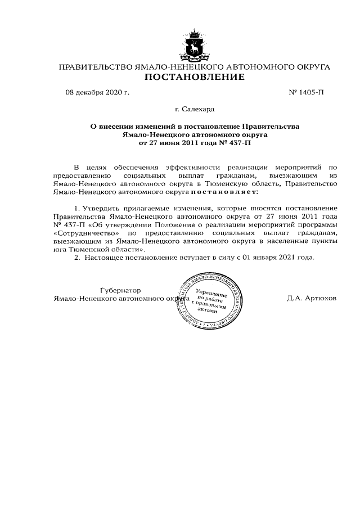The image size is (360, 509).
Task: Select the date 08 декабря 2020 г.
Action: tap(97, 91)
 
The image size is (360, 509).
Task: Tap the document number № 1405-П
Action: tap(307, 91)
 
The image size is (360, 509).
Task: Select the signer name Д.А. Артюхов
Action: tap(312, 298)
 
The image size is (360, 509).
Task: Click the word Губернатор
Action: tap(119, 290)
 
